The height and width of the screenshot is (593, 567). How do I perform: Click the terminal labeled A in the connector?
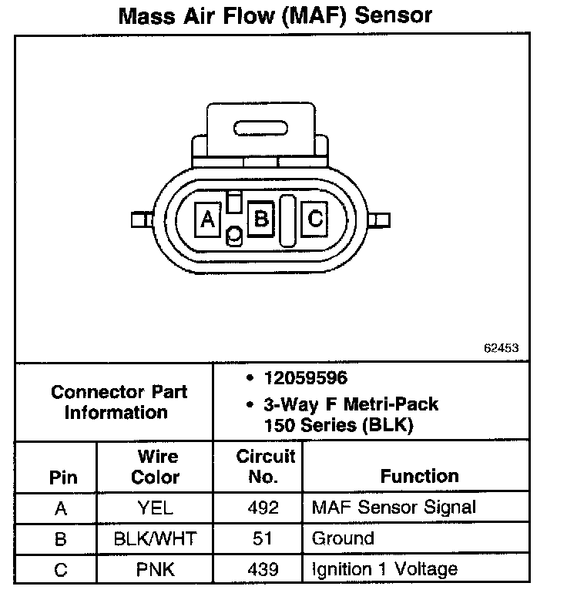[207, 220]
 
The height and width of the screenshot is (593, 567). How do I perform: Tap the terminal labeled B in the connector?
[261, 219]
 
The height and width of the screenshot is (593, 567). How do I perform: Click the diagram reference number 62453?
[501, 347]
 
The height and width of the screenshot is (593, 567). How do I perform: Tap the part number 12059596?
[305, 378]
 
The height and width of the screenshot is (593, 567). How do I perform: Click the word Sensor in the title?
[395, 16]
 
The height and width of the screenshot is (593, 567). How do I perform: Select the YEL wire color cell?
[155, 508]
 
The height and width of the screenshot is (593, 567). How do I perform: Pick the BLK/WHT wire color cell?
[155, 539]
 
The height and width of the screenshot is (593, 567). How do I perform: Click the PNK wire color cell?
[155, 570]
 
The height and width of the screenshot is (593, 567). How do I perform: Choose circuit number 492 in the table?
[263, 508]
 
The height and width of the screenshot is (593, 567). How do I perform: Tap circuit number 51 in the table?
[263, 539]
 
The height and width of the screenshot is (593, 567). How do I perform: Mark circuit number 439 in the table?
[263, 570]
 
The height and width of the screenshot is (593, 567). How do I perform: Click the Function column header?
[419, 476]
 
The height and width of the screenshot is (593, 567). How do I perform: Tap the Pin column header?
[63, 477]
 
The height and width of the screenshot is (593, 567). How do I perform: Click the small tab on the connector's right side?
[378, 221]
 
